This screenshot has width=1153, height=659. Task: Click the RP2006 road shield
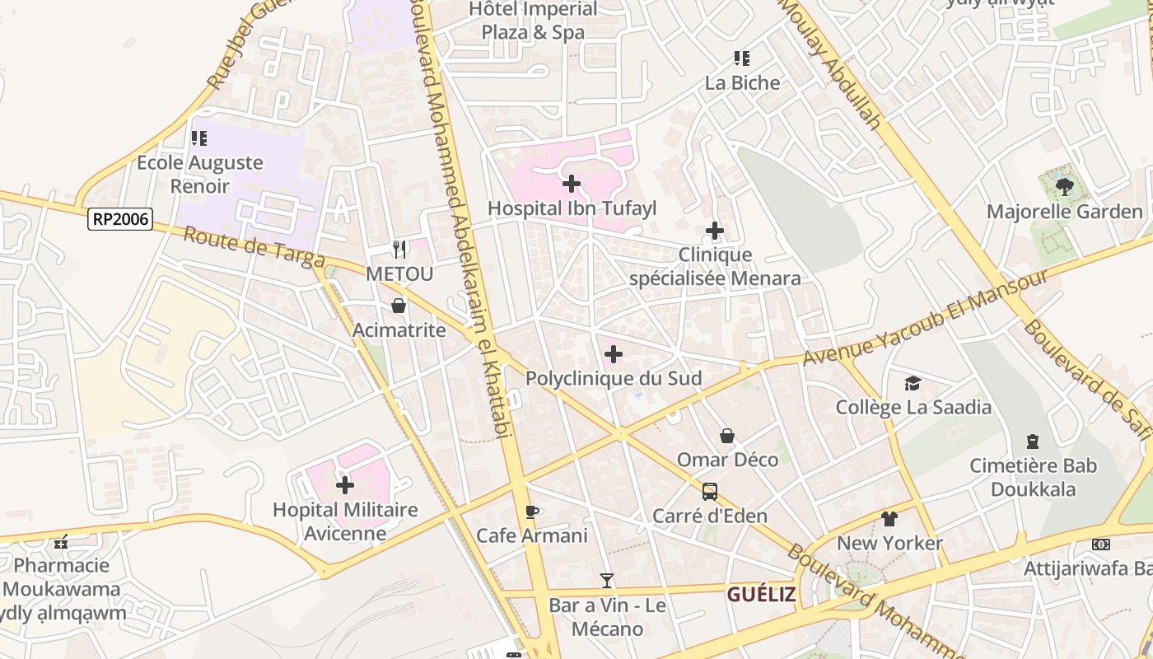(120, 219)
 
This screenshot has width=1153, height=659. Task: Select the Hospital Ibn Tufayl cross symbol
(572, 184)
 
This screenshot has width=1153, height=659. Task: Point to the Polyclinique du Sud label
(614, 379)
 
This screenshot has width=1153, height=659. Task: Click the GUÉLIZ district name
(761, 594)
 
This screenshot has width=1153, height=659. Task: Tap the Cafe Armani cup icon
(532, 512)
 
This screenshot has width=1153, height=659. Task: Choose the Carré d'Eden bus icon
(709, 492)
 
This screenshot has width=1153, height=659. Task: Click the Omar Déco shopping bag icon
(727, 435)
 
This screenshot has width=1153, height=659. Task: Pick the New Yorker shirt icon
(889, 519)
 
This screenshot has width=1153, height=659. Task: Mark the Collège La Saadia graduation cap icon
(913, 383)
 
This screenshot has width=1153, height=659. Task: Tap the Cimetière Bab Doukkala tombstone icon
(1033, 442)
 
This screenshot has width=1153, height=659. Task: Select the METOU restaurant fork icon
(399, 249)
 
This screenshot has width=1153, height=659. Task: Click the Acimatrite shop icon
(399, 306)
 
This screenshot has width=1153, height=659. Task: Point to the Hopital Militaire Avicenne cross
(345, 484)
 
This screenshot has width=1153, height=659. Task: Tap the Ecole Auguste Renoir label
(200, 174)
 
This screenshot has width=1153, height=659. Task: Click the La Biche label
(742, 82)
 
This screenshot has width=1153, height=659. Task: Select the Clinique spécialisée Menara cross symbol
(715, 231)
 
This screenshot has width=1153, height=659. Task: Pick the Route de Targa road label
(254, 247)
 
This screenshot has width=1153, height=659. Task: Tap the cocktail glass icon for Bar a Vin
(607, 581)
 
